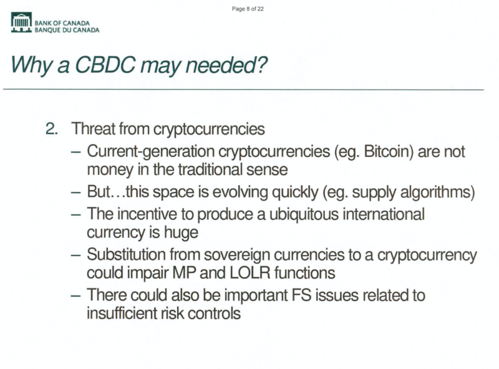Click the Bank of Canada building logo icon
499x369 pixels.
(21, 22)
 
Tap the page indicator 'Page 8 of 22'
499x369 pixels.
(248, 9)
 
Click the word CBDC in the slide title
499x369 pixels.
(105, 65)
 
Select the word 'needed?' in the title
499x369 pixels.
(226, 65)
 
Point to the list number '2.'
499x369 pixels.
(52, 129)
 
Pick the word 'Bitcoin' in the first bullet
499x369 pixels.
(388, 151)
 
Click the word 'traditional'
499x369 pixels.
(208, 170)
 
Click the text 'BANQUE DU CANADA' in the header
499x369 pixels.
(67, 30)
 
